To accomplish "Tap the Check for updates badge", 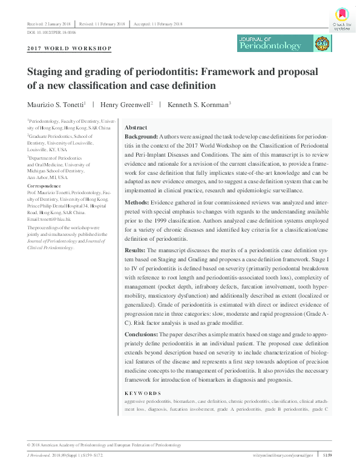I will coord(342,19).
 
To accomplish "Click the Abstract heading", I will coord(136,128).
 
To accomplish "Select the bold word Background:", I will coord(142,138).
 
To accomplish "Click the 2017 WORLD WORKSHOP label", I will coord(70,47).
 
